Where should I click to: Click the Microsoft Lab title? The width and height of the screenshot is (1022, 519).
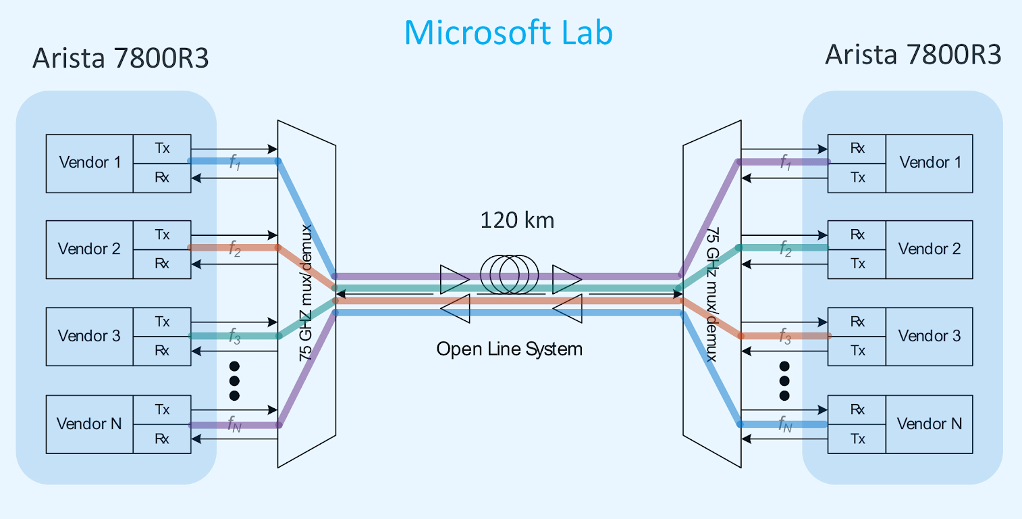point(508,32)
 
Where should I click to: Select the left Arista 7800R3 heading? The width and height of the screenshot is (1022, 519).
point(120,59)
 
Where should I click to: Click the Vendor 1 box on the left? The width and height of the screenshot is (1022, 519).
point(90,163)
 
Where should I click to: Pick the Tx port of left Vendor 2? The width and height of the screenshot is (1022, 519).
point(162,234)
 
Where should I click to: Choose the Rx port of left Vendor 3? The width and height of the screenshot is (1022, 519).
point(162,351)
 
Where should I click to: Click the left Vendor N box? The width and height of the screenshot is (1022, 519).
point(90,424)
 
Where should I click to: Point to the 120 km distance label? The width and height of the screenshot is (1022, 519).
point(516,220)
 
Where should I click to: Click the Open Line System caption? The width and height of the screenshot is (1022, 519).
point(509,349)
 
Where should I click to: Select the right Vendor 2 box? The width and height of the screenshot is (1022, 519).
point(929,249)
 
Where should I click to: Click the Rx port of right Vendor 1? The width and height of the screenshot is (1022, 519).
point(857,148)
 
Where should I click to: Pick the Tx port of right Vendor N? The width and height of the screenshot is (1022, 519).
point(857,439)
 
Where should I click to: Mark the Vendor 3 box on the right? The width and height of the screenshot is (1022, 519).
point(929,336)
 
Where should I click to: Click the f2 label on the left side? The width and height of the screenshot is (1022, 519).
point(234,250)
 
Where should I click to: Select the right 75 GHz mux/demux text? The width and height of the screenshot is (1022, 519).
point(711,293)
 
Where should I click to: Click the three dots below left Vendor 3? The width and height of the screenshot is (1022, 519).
point(234,380)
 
